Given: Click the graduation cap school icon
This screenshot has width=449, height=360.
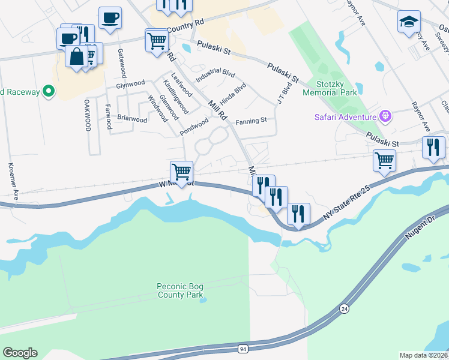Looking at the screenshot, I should [409, 22].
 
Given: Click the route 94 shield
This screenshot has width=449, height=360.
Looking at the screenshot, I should [243, 349].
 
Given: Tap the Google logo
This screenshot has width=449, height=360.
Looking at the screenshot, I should [20, 353].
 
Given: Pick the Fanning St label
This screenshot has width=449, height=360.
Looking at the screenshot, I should [251, 121].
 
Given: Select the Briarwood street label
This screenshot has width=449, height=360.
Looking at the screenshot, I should [132, 119].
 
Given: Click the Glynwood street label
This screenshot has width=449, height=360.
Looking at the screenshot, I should [131, 84].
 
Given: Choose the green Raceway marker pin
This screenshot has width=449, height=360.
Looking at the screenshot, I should [48, 92].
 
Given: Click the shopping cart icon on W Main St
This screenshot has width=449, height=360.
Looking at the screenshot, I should [181, 172].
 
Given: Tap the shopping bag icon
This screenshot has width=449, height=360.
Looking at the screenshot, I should [77, 56].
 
